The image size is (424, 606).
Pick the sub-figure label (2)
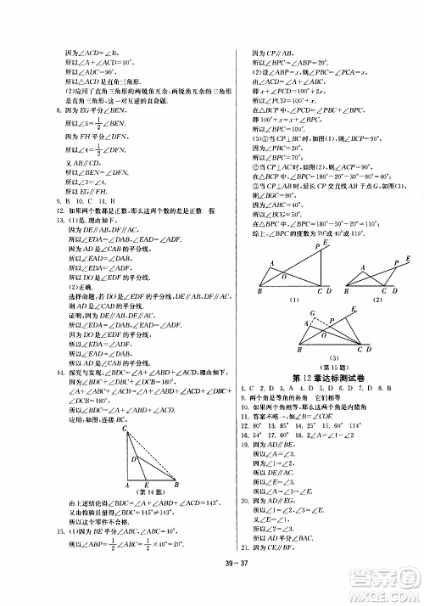click(373, 300)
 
